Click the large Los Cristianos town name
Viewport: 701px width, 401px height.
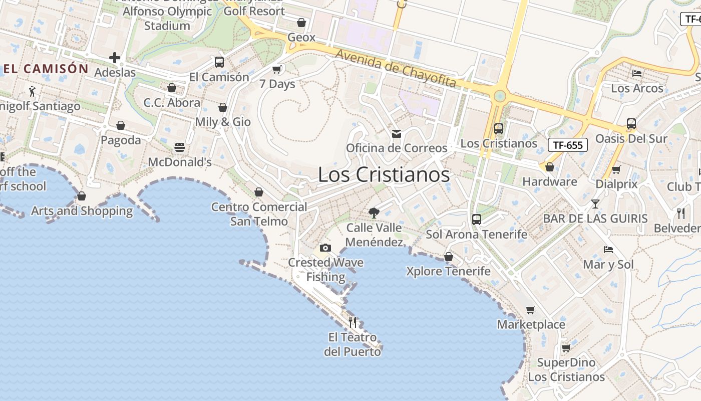pyautogui.click(x=384, y=174)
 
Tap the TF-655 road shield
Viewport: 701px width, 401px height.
pyautogui.click(x=568, y=145)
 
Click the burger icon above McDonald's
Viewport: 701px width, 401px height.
pyautogui.click(x=180, y=147)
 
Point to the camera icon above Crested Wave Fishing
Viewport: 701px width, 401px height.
pyautogui.click(x=325, y=248)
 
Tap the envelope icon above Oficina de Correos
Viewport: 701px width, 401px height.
pyautogui.click(x=397, y=134)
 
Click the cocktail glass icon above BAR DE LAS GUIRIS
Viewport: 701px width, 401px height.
pyautogui.click(x=595, y=204)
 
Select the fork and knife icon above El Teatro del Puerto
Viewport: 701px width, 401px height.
pyautogui.click(x=353, y=322)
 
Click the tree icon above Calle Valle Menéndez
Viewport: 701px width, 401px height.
pyautogui.click(x=374, y=213)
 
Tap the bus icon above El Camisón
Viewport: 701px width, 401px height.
pyautogui.click(x=219, y=62)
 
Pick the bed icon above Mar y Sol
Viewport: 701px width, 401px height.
pyautogui.click(x=608, y=250)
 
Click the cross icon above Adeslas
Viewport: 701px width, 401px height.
pyautogui.click(x=115, y=58)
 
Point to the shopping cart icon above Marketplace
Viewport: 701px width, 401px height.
pyautogui.click(x=531, y=310)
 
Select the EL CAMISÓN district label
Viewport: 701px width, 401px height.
pyautogui.click(x=46, y=69)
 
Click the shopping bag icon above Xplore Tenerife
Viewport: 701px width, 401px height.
pyautogui.click(x=449, y=257)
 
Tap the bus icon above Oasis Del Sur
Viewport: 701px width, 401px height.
pyautogui.click(x=631, y=124)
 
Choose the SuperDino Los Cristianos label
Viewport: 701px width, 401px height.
pyautogui.click(x=566, y=369)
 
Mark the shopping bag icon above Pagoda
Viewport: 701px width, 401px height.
pyautogui.click(x=121, y=125)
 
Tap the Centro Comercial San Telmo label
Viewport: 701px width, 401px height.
pyautogui.click(x=259, y=214)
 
